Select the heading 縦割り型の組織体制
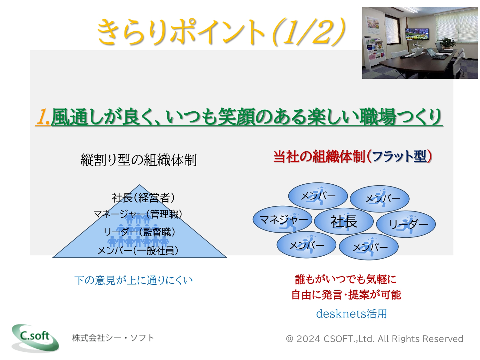point(139,160)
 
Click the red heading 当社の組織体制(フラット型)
point(352,156)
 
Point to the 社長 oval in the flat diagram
point(344,221)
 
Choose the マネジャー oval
point(282,219)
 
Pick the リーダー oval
point(406,224)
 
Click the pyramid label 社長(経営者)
point(143,197)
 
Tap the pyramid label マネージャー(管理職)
point(138,214)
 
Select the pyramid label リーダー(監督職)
point(139,232)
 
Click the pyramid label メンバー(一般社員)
point(138,250)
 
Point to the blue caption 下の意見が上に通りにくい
point(134,280)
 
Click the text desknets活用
point(351,314)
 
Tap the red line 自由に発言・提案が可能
point(346,295)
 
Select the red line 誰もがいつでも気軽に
point(346,279)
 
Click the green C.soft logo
point(35,338)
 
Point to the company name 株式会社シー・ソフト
point(113,338)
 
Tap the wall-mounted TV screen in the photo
point(417,34)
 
